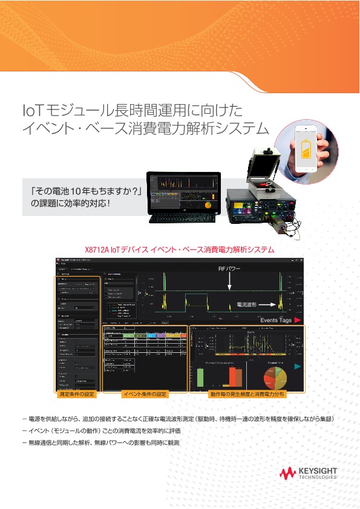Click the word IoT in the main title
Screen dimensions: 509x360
(31, 110)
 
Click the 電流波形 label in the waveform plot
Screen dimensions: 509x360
(248, 305)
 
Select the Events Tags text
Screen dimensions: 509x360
(276, 320)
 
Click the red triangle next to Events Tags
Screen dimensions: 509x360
(297, 320)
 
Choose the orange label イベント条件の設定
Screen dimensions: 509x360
(145, 394)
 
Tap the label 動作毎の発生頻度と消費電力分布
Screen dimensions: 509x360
(247, 394)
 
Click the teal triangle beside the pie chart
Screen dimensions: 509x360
(297, 366)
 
